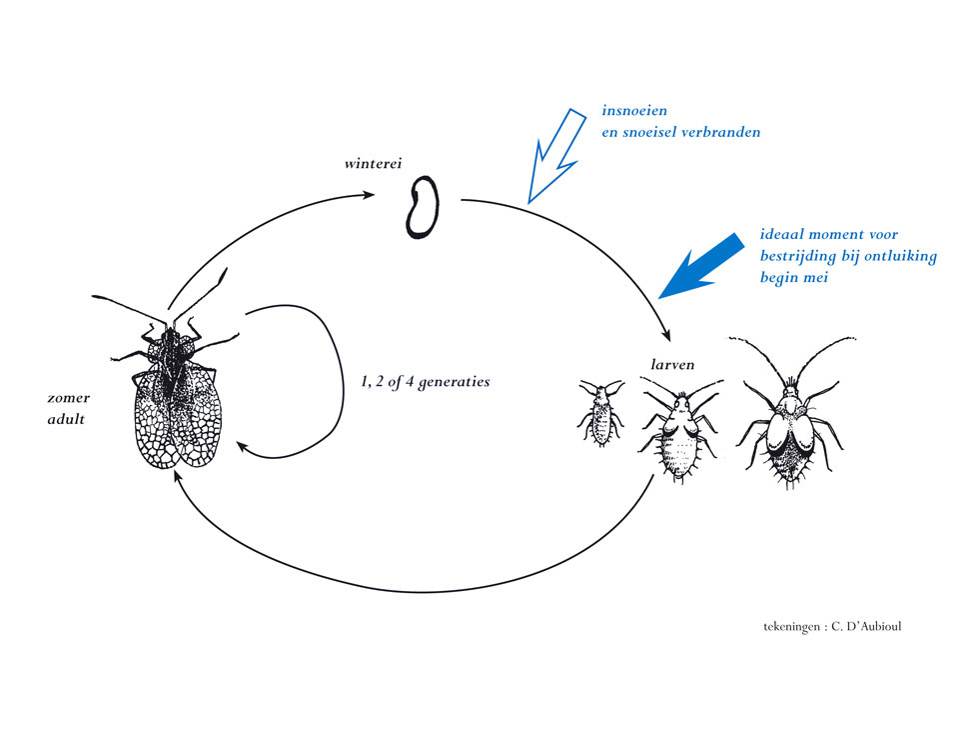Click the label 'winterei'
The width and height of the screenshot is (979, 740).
point(373,164)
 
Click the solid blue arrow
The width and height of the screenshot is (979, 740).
point(701,266)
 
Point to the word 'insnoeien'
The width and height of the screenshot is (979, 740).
point(634,111)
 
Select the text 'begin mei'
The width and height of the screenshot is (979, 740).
point(793,277)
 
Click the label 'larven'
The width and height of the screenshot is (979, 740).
point(672,364)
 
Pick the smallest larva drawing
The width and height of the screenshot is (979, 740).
point(600,412)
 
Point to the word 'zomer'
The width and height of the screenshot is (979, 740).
point(69,398)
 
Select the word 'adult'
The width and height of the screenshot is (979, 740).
point(66,419)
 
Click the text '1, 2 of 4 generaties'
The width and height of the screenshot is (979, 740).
point(426,382)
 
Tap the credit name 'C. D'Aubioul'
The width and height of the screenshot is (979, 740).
point(866,626)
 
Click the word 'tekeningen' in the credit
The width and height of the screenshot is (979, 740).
point(791,627)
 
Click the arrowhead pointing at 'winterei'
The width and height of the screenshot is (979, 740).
point(369,194)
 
